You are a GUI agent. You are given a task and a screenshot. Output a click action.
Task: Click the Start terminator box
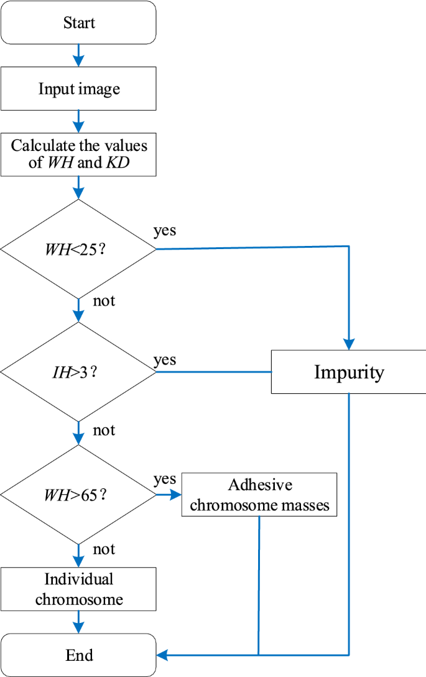click(x=78, y=23)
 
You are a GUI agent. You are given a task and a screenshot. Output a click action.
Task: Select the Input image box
click(x=78, y=88)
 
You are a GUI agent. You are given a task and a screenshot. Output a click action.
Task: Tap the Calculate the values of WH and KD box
click(x=78, y=154)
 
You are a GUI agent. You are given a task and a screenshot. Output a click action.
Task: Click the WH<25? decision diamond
click(x=78, y=248)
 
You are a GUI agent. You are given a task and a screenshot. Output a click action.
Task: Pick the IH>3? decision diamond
click(x=78, y=373)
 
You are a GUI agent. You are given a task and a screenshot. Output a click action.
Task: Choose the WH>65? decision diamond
click(x=78, y=496)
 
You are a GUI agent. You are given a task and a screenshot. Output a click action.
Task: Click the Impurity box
click(x=348, y=372)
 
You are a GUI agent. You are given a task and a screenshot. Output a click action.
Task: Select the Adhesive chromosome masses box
click(x=259, y=494)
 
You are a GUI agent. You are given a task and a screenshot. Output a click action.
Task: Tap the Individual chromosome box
click(x=78, y=589)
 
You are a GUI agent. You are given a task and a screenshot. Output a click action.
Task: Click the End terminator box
click(x=78, y=655)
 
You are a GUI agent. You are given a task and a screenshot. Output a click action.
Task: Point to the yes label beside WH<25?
click(x=165, y=231)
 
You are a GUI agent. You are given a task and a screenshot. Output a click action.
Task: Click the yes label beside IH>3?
click(x=165, y=360)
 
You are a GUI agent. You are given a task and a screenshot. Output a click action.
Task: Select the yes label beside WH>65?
click(x=165, y=480)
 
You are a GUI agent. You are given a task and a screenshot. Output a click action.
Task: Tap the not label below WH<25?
click(x=104, y=302)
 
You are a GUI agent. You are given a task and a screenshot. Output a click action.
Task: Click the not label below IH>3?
click(x=104, y=430)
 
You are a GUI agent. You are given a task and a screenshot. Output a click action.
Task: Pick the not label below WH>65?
click(x=104, y=550)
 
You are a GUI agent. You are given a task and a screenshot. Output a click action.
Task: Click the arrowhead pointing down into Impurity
click(x=349, y=343)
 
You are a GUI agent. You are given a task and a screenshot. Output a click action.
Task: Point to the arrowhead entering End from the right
click(x=162, y=655)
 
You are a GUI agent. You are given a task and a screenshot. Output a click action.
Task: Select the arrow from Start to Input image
click(x=78, y=55)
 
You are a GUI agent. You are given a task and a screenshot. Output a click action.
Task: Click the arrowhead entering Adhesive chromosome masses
click(x=176, y=495)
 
